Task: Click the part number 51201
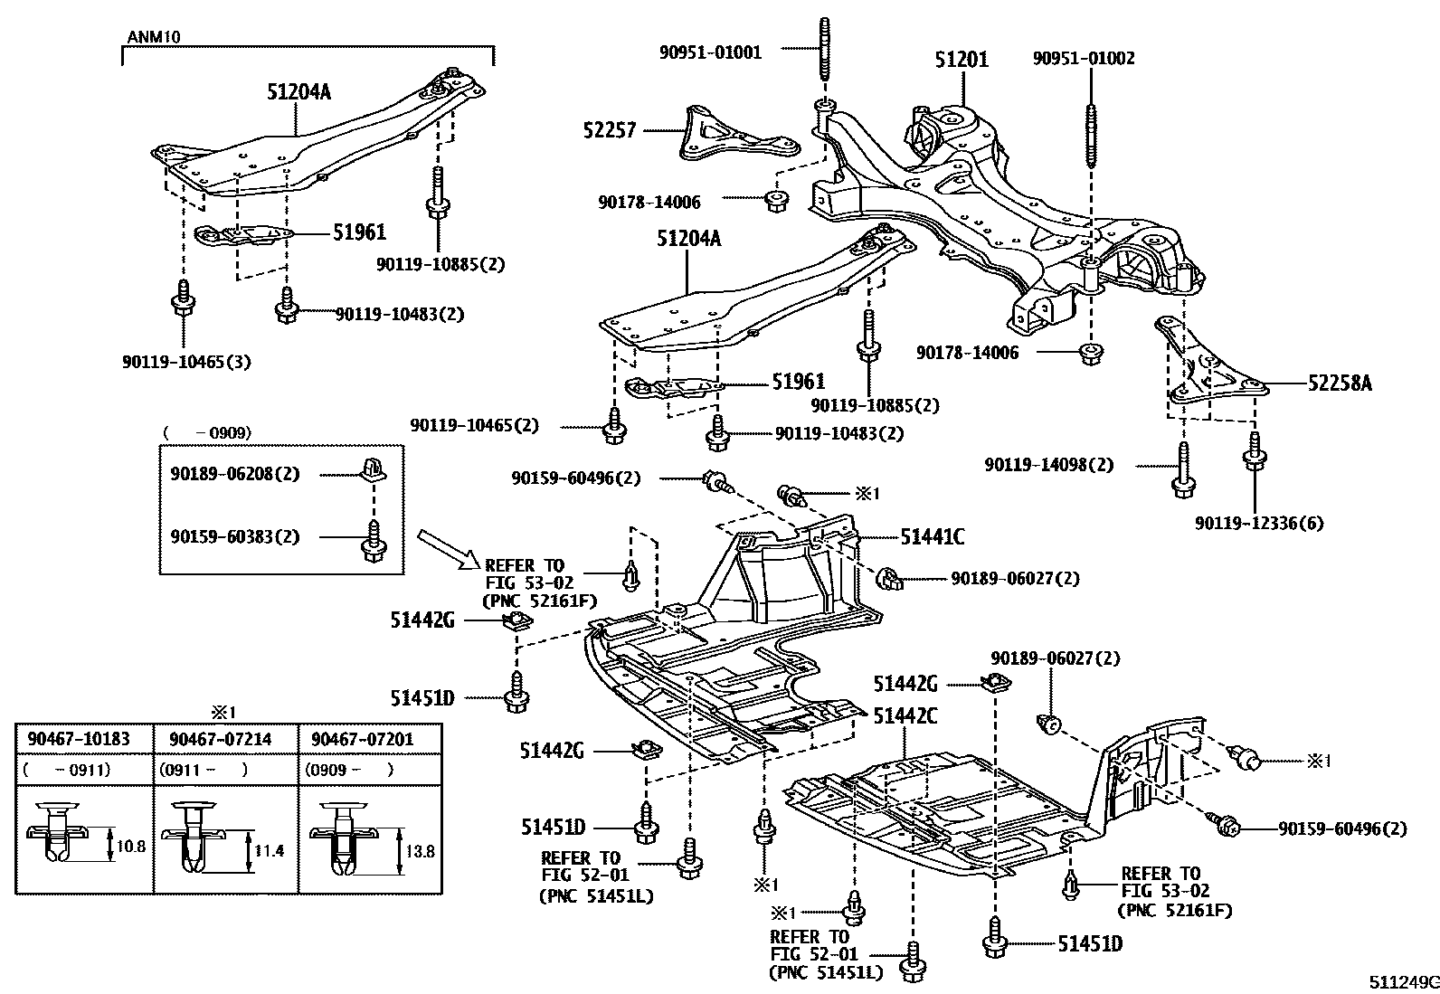(x=962, y=60)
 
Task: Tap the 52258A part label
(x=1340, y=383)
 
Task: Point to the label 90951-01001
(x=710, y=52)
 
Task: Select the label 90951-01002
(x=1084, y=59)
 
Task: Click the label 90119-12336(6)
(x=1259, y=523)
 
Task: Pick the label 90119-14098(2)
(x=1049, y=465)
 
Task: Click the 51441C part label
(x=933, y=537)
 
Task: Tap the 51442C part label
(x=905, y=715)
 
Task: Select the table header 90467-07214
(x=220, y=739)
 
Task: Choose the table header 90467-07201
(x=362, y=739)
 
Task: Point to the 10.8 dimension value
(x=131, y=847)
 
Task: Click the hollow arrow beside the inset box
(x=448, y=550)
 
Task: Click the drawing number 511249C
(x=1402, y=982)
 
